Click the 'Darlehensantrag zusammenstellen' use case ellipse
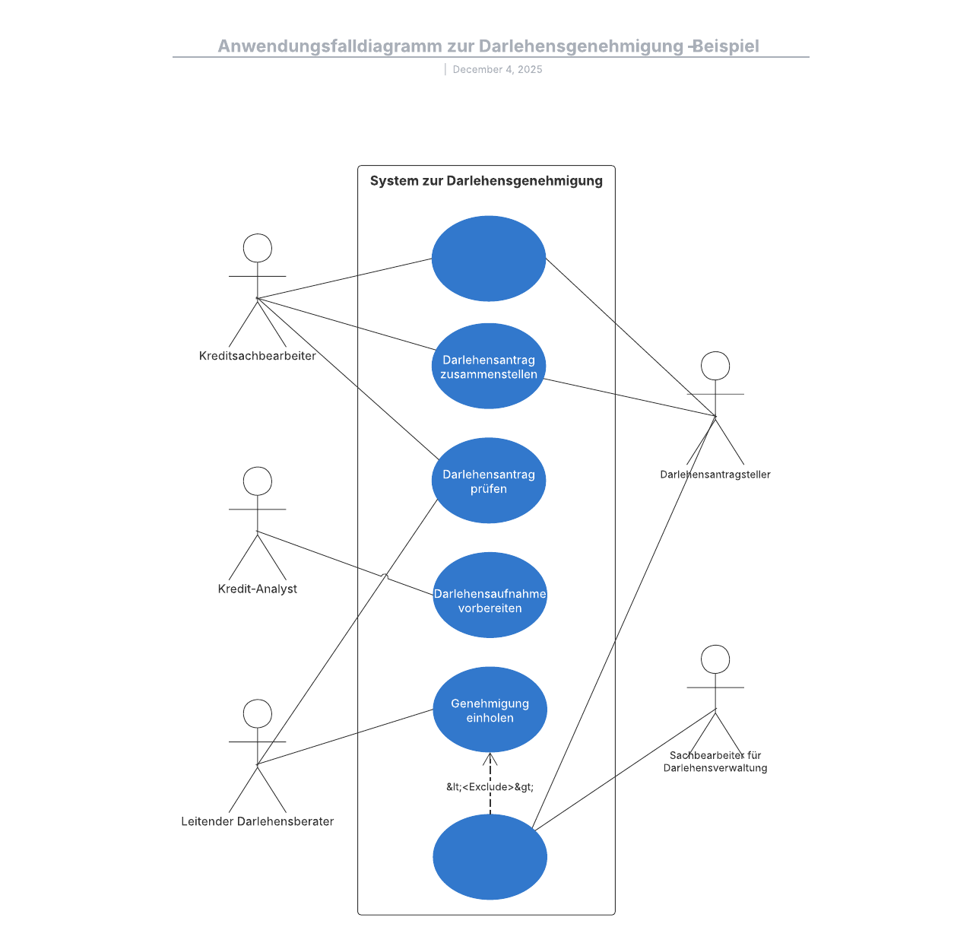(x=489, y=367)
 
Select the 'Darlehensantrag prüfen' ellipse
(x=489, y=481)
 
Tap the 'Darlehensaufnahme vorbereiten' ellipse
(x=490, y=595)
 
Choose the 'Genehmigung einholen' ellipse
(x=490, y=710)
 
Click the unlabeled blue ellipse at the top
(x=489, y=259)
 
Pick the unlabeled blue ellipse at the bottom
(x=490, y=857)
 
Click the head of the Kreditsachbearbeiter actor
(x=258, y=249)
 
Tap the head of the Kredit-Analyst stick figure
(x=258, y=481)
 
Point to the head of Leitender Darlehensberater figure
(x=258, y=714)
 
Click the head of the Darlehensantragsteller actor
(x=715, y=366)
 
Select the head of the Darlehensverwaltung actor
(x=715, y=659)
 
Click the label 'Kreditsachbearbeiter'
(x=258, y=356)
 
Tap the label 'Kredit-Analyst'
(x=258, y=589)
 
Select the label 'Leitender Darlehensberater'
(x=258, y=821)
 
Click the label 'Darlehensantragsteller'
(x=715, y=475)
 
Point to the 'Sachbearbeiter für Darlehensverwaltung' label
(x=715, y=761)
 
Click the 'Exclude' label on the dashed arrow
(x=490, y=787)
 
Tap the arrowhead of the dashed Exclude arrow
(x=490, y=757)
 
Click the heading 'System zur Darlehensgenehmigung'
(x=486, y=181)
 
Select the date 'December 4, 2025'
(x=497, y=69)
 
